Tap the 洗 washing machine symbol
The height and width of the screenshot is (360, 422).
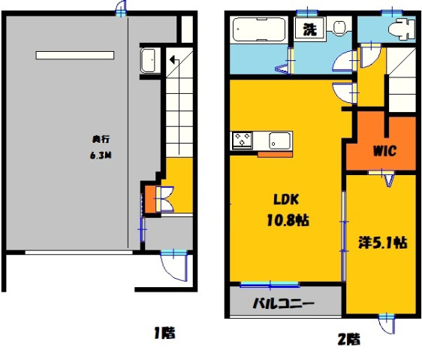(x=309, y=29)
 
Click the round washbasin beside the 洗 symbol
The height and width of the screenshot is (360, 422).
(x=340, y=29)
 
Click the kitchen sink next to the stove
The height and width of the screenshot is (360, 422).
(x=279, y=140)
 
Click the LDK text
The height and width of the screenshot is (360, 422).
(x=285, y=201)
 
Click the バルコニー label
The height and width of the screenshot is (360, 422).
(x=283, y=305)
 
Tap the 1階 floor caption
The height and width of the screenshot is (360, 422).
(x=165, y=331)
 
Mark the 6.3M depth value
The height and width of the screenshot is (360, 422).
(x=101, y=157)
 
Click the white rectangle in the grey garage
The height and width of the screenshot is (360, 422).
(x=74, y=55)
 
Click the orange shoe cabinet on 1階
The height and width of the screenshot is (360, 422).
(x=149, y=198)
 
